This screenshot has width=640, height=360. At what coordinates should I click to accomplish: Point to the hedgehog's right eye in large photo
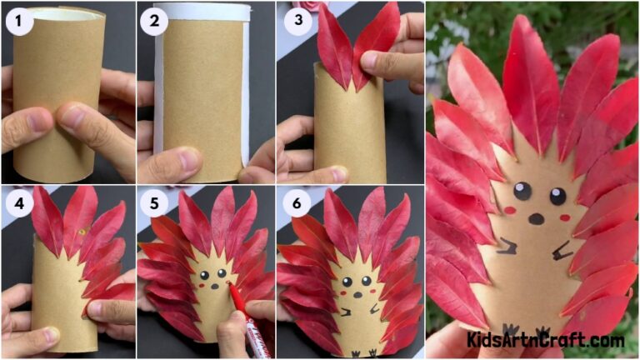[557, 197]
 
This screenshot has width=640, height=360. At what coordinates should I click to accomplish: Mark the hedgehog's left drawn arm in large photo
[506, 245]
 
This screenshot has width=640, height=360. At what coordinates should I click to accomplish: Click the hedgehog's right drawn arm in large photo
[562, 249]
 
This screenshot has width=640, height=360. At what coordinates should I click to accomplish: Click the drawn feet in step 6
[361, 352]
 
